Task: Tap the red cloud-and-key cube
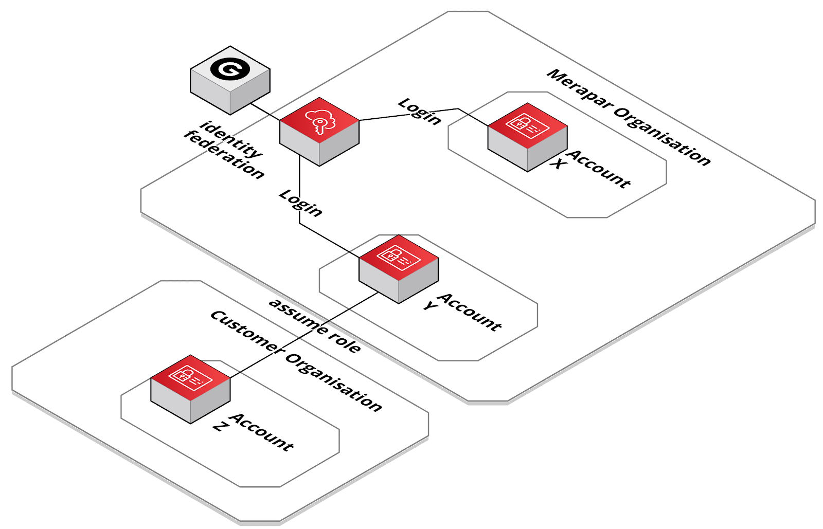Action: [x=319, y=132]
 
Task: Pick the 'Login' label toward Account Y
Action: [x=301, y=203]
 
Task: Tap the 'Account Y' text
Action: [x=463, y=311]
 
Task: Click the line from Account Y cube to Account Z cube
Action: [x=303, y=335]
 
